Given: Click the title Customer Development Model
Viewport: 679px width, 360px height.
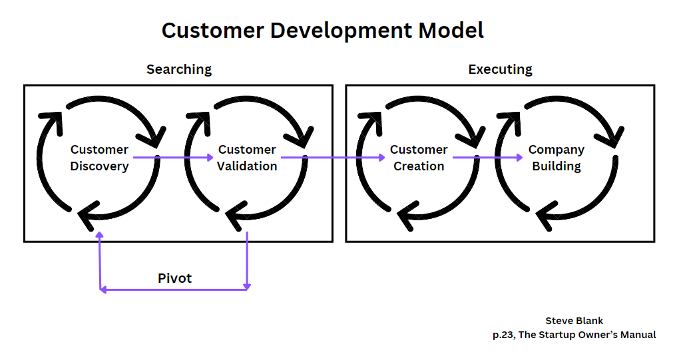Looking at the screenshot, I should pos(322,31).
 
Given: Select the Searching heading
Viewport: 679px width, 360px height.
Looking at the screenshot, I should pos(179,69).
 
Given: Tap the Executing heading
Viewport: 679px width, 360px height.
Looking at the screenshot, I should pos(500,69).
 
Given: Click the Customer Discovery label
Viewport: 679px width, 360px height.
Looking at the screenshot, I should pos(99,158).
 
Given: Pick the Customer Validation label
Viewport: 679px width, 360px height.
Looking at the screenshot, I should pos(247,158).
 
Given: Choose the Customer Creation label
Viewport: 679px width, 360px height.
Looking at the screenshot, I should pos(419,158).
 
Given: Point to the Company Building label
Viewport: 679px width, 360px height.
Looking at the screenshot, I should pos(556,158).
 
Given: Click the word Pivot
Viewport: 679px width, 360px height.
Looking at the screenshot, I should pos(174,278).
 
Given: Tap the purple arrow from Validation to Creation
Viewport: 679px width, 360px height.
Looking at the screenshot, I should pos(333,158).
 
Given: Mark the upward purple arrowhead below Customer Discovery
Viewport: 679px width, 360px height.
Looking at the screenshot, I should pos(100,236).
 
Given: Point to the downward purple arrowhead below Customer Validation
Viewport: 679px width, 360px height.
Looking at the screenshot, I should pos(247,286).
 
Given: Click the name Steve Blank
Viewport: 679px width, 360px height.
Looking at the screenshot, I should pos(574,321).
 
